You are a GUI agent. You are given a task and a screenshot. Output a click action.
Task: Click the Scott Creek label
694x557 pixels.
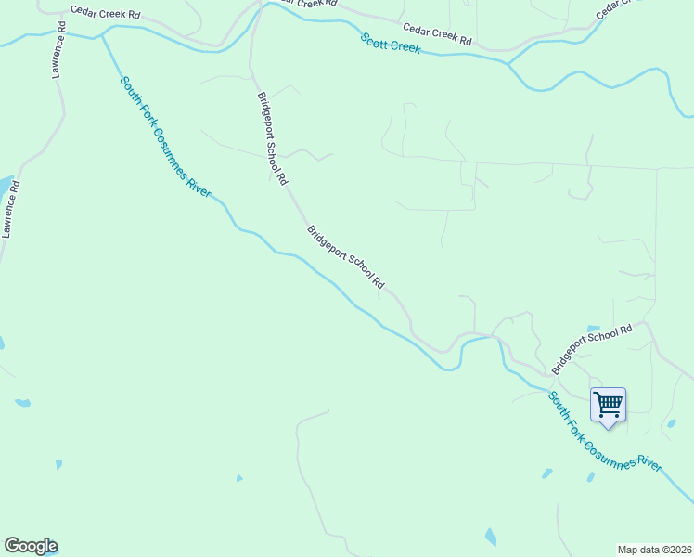pyautogui.click(x=391, y=43)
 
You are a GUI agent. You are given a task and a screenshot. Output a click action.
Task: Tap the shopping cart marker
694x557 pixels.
pyautogui.click(x=608, y=405)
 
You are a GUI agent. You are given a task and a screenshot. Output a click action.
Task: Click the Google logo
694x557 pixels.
pyautogui.click(x=31, y=546)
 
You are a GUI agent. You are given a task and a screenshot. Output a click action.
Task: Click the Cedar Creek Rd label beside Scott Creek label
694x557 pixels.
pyautogui.click(x=436, y=36)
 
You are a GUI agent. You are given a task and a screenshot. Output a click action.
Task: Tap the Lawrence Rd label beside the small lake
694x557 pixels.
pyautogui.click(x=11, y=209)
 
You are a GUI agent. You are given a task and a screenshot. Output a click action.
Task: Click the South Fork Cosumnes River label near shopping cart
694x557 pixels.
pyautogui.click(x=604, y=433)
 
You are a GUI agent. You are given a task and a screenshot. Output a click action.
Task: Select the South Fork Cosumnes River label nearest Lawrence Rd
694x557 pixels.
pyautogui.click(x=165, y=135)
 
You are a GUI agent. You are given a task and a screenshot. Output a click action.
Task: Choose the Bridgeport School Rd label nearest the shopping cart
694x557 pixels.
pyautogui.click(x=591, y=348)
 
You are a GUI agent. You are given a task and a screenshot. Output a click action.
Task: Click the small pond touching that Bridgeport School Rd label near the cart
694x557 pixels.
pyautogui.click(x=592, y=329)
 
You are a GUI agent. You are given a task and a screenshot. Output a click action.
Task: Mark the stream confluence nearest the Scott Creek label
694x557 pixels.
pyautogui.click(x=508, y=63)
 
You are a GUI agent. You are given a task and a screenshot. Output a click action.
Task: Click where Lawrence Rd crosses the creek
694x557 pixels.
pyautogui.click(x=65, y=34)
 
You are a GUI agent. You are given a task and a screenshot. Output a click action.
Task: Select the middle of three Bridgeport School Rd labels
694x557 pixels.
pyautogui.click(x=345, y=257)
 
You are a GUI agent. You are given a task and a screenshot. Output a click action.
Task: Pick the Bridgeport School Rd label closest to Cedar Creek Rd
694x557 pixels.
pyautogui.click(x=272, y=137)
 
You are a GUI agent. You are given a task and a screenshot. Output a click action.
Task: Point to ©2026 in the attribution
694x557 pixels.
pyautogui.click(x=677, y=550)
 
